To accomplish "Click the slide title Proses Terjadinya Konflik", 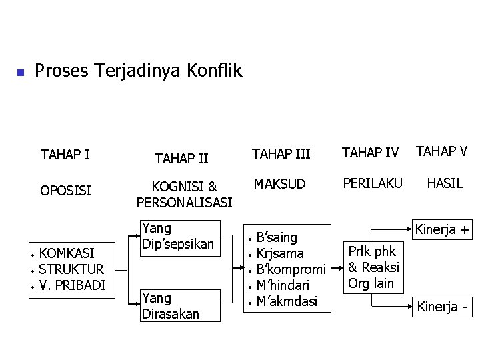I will tap(138, 70).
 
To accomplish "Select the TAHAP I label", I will tap(65, 155).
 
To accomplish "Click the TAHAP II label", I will tap(181, 159).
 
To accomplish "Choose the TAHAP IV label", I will tap(371, 153).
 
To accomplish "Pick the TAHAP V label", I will tap(442, 151).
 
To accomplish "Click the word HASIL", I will tap(445, 183).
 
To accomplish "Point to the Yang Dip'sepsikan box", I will tap(177, 237).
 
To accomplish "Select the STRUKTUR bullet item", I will tap(71, 269).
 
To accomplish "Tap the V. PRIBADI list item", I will tap(72, 285).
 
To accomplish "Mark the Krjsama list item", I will tap(280, 254).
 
